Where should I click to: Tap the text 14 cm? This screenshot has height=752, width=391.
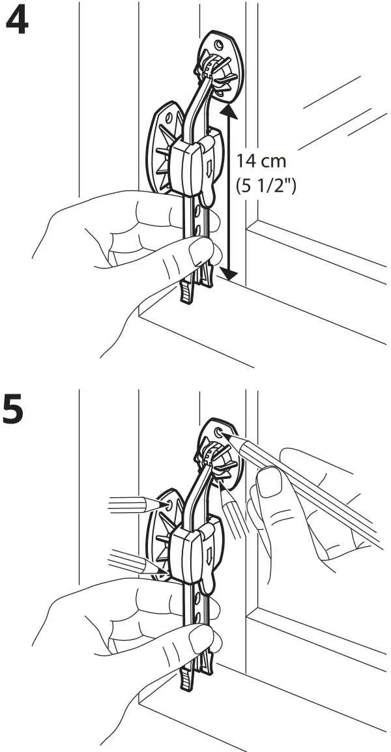(261, 160)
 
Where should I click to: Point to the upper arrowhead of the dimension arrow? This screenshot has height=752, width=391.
(229, 113)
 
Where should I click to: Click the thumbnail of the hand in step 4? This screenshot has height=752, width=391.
(198, 250)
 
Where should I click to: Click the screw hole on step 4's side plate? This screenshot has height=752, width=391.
(170, 118)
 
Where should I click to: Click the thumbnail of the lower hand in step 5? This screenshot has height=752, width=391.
(199, 639)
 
